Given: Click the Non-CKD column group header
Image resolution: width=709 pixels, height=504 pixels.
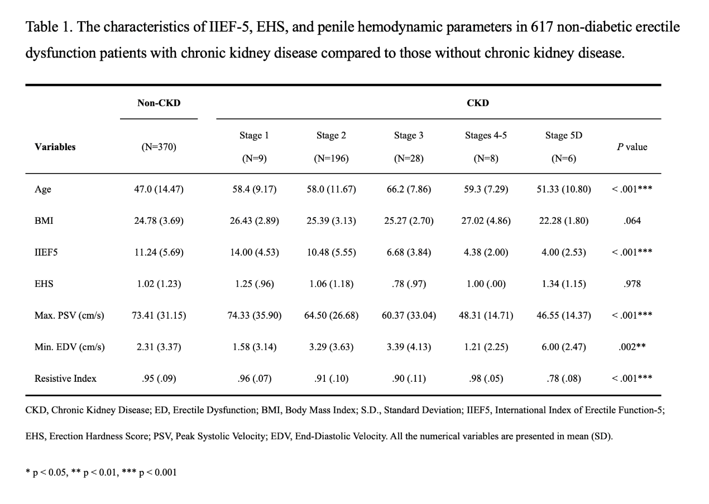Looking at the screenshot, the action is pyautogui.click(x=159, y=103).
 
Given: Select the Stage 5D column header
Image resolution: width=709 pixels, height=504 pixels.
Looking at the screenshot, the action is pyautogui.click(x=563, y=136).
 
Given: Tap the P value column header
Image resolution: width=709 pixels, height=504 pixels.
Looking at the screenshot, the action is pyautogui.click(x=632, y=147).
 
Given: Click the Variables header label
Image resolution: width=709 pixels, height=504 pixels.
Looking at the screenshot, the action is pyautogui.click(x=55, y=147).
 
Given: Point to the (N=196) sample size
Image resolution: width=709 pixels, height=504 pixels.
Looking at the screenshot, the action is pyautogui.click(x=331, y=158).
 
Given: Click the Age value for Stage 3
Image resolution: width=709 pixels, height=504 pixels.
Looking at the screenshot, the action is pyautogui.click(x=409, y=189).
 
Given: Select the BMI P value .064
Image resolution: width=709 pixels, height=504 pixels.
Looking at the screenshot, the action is pyautogui.click(x=632, y=220).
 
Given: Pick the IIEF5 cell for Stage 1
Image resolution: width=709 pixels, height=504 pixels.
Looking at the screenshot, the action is pyautogui.click(x=254, y=252).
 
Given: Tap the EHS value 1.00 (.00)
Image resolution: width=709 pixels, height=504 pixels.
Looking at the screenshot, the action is pyautogui.click(x=486, y=284).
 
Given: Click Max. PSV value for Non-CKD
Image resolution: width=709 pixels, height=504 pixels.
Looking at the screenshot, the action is pyautogui.click(x=159, y=315).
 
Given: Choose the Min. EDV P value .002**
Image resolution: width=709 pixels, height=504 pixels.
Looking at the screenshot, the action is pyautogui.click(x=632, y=347).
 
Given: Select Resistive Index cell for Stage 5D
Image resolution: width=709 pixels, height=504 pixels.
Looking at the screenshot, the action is pyautogui.click(x=563, y=378).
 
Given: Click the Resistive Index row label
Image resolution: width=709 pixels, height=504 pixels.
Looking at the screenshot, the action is pyautogui.click(x=65, y=378).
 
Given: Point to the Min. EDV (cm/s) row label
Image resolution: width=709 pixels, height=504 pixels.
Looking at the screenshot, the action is pyautogui.click(x=69, y=347).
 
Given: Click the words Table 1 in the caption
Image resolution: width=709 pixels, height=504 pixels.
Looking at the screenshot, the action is pyautogui.click(x=49, y=27).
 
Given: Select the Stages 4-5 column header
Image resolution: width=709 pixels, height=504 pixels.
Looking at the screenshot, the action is pyautogui.click(x=486, y=136).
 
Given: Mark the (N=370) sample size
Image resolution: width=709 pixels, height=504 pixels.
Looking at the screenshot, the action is pyautogui.click(x=159, y=147).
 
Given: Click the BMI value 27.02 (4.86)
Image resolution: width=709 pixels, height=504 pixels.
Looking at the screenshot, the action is pyautogui.click(x=486, y=220).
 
